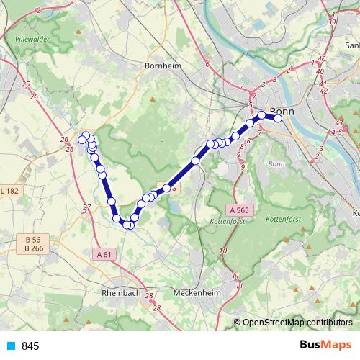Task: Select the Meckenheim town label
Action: tap(196, 293)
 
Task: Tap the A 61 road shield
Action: tap(104, 253)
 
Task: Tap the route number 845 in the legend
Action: tap(30, 346)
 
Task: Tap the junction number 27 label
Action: tap(87, 207)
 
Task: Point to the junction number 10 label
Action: tap(224, 249)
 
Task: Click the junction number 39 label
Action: tap(332, 22)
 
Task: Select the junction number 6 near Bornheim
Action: tap(207, 65)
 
